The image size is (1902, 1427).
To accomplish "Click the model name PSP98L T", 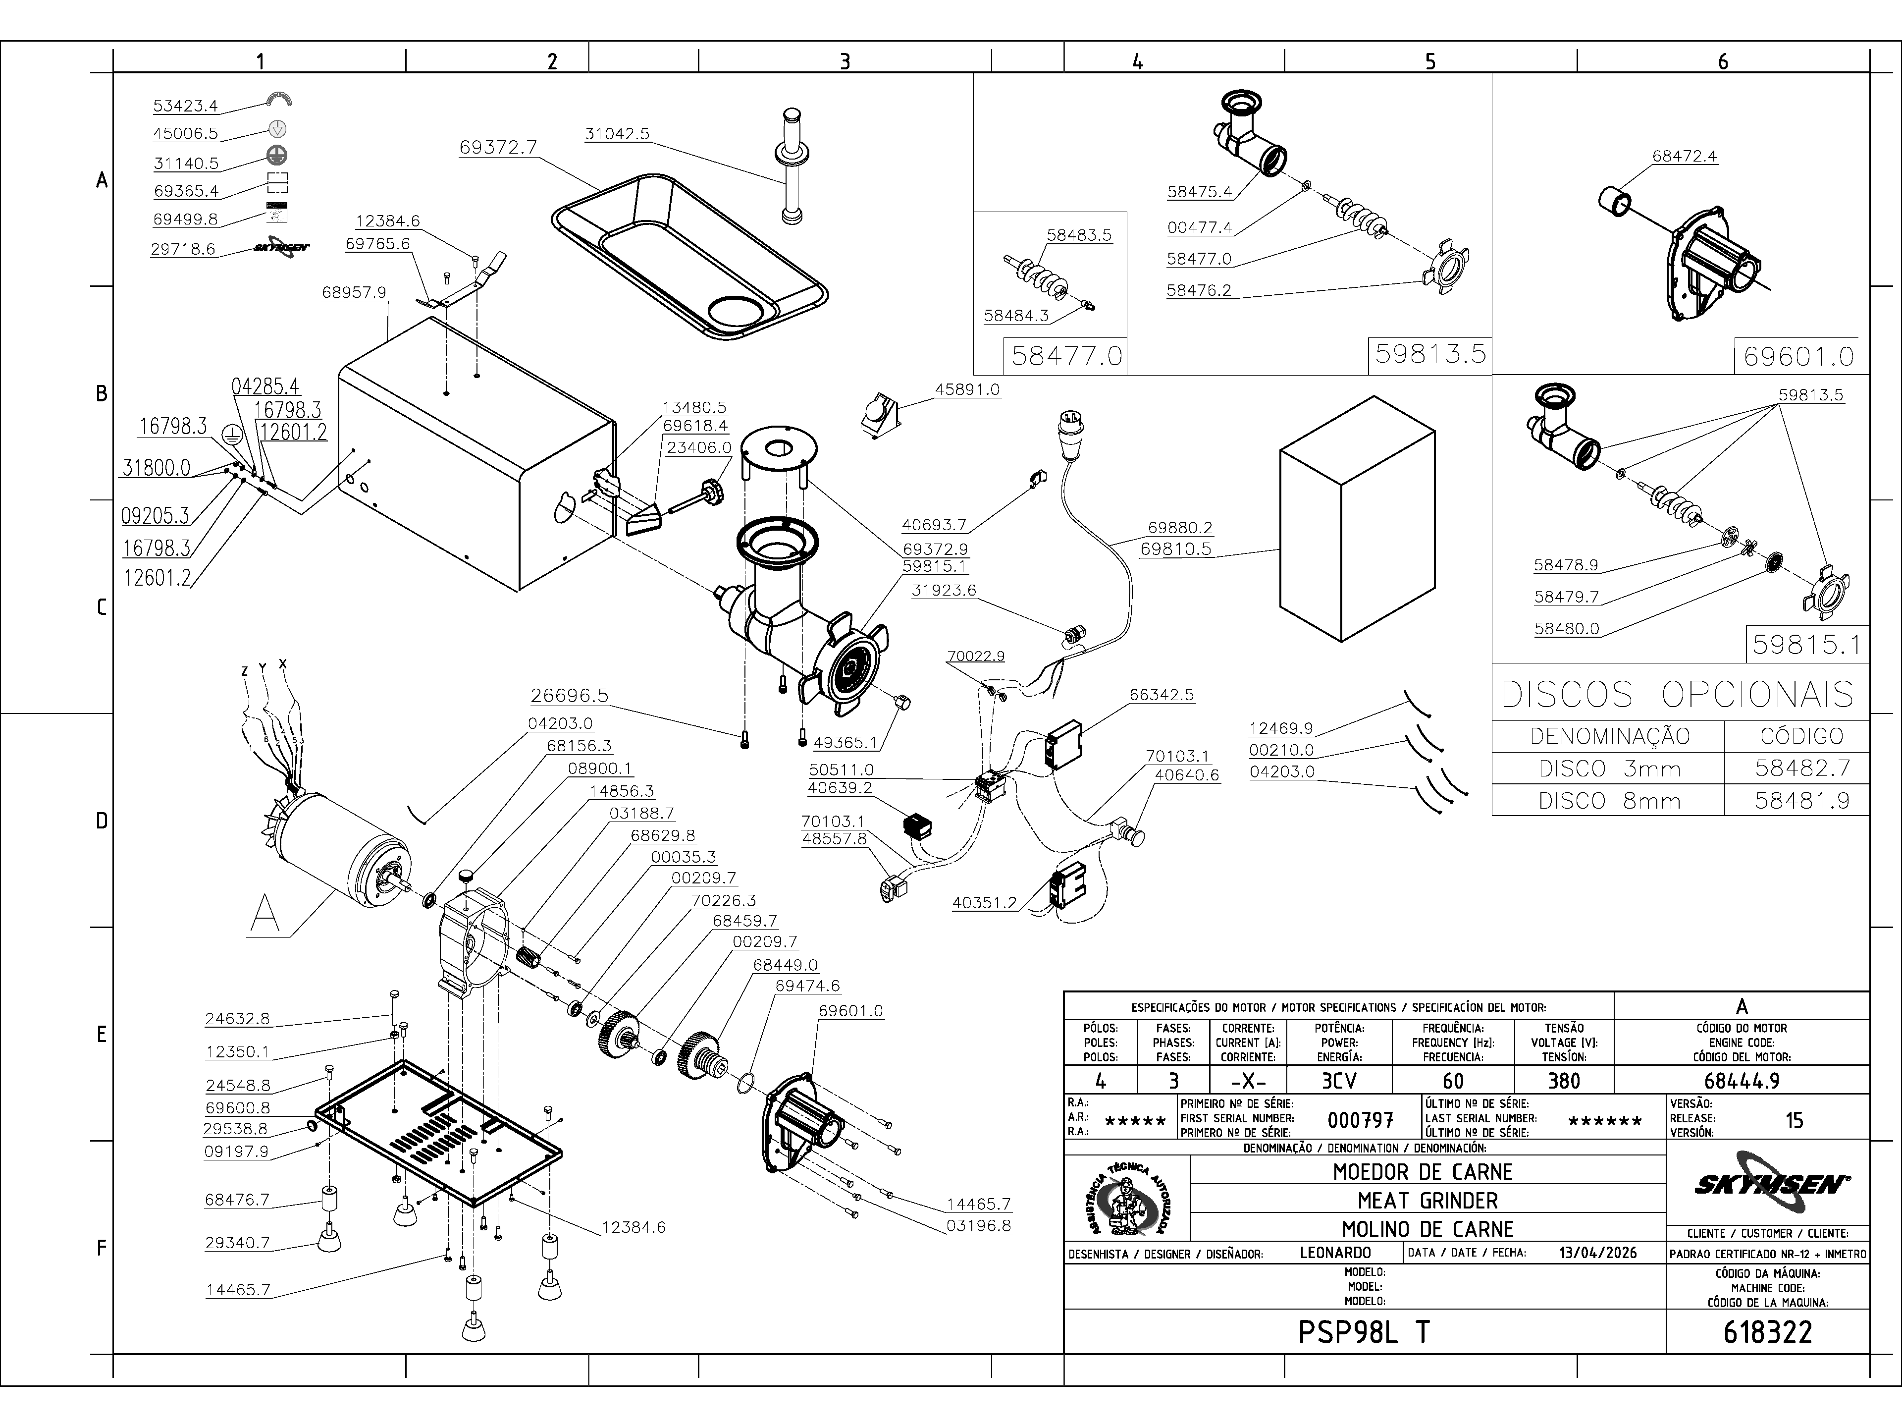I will tap(1364, 1332).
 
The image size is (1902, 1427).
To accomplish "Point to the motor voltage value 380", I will tap(1563, 1080).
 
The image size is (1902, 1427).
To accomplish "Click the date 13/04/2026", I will tap(1597, 1253).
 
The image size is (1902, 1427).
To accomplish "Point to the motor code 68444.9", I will tap(1741, 1080).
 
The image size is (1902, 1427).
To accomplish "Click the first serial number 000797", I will tap(1360, 1120).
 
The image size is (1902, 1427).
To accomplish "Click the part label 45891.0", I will tap(967, 389).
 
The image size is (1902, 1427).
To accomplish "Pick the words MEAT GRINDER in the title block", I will tap(1427, 1200).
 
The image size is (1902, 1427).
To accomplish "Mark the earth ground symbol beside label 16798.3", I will tap(230, 435).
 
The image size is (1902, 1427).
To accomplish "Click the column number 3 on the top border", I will tap(845, 61).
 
